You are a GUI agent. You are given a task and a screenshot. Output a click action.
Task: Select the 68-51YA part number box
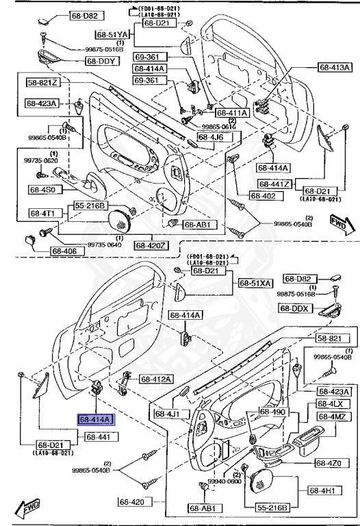point(112,34)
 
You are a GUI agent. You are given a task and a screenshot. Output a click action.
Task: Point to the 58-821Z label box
point(43,83)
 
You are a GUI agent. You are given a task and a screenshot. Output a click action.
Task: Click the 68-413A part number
point(335,67)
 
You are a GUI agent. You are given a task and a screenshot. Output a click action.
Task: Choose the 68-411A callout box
point(232,113)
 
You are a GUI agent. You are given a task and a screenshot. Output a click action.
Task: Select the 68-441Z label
point(274,184)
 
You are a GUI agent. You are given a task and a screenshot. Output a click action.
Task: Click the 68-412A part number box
point(157,379)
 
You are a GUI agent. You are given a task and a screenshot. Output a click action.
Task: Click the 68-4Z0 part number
point(331,464)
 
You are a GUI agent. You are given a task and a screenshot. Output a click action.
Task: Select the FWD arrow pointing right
point(338,225)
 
